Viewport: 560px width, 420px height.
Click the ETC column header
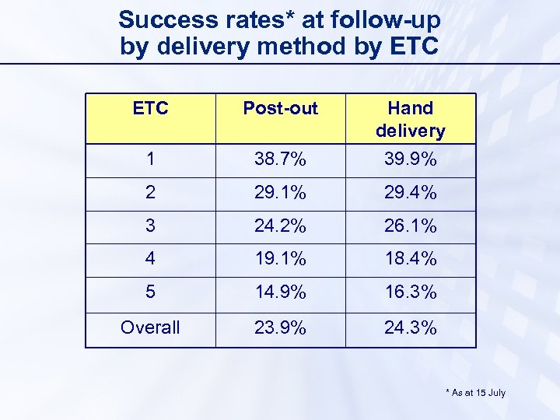pyautogui.click(x=150, y=108)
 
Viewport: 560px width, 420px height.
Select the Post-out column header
pyautogui.click(x=280, y=108)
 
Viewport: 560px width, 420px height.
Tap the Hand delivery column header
pyautogui.click(x=410, y=119)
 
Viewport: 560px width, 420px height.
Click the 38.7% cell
pyautogui.click(x=280, y=159)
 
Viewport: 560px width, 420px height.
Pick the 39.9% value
pyautogui.click(x=410, y=159)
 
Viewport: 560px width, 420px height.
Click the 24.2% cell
pyautogui.click(x=280, y=226)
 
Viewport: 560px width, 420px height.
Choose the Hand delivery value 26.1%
pyautogui.click(x=410, y=226)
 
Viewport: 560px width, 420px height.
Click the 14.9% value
pyautogui.click(x=280, y=293)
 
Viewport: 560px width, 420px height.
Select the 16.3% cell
pyautogui.click(x=410, y=293)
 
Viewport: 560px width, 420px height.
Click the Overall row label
pyautogui.click(x=150, y=327)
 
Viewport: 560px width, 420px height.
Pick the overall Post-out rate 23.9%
pyautogui.click(x=280, y=327)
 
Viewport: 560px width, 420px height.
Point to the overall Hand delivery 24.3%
pyautogui.click(x=410, y=327)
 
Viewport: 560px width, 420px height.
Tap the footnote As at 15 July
pyautogui.click(x=475, y=393)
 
